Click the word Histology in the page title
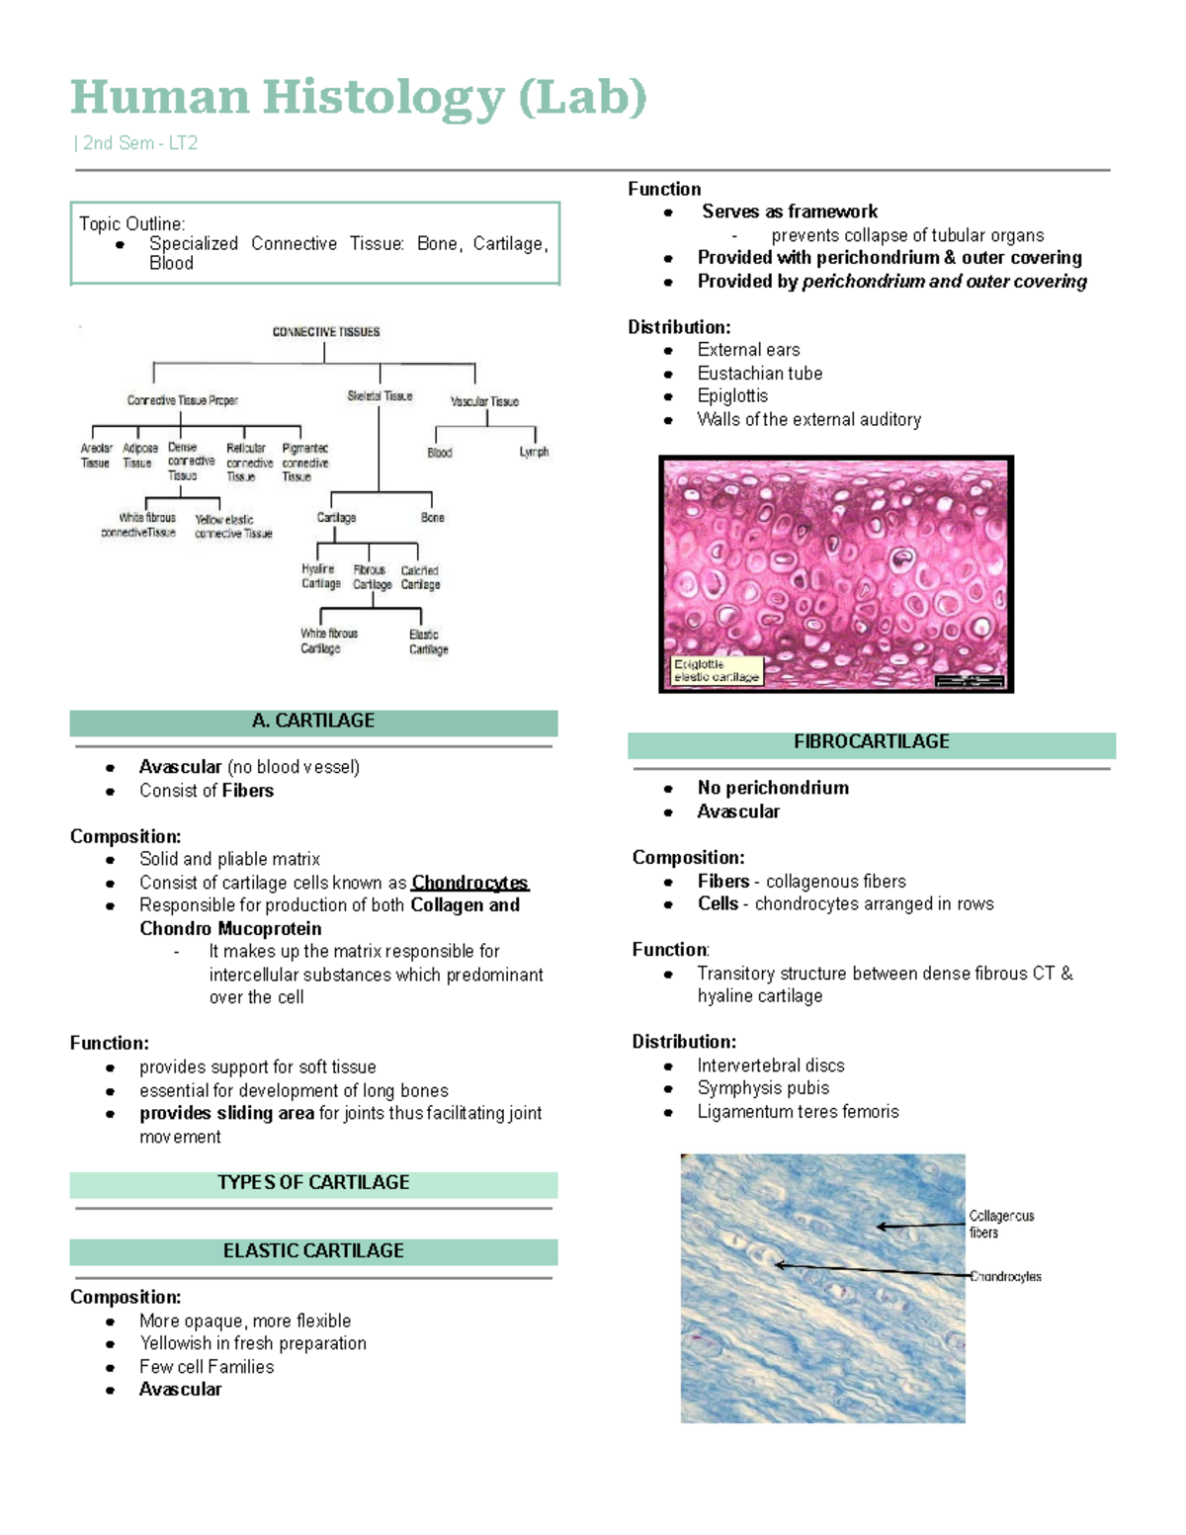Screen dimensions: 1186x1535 click(383, 99)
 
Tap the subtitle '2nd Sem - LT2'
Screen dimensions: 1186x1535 click(139, 143)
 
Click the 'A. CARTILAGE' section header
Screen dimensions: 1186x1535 click(313, 722)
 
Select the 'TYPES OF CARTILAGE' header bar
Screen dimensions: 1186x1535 click(313, 1183)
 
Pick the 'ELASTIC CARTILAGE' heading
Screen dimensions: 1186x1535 click(313, 1251)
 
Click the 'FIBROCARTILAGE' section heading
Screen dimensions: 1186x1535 click(871, 742)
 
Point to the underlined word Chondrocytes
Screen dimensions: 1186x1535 click(469, 883)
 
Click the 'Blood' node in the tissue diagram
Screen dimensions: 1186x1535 click(440, 453)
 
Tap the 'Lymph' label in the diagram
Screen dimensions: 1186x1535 click(534, 453)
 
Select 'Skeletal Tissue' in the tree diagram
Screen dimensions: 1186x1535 click(380, 396)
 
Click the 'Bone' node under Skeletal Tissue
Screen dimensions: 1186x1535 click(433, 518)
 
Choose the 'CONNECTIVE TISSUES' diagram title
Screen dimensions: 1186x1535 click(326, 332)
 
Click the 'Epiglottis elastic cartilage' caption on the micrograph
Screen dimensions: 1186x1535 click(717, 671)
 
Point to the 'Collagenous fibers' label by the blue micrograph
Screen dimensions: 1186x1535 click(1000, 1225)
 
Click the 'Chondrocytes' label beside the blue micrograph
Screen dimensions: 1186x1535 click(1006, 1277)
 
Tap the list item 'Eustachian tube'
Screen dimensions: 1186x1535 click(759, 374)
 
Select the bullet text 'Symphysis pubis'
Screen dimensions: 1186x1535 click(763, 1088)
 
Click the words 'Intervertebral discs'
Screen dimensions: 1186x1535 click(771, 1066)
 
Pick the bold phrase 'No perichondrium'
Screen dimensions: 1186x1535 click(773, 788)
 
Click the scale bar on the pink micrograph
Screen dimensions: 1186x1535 click(969, 681)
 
